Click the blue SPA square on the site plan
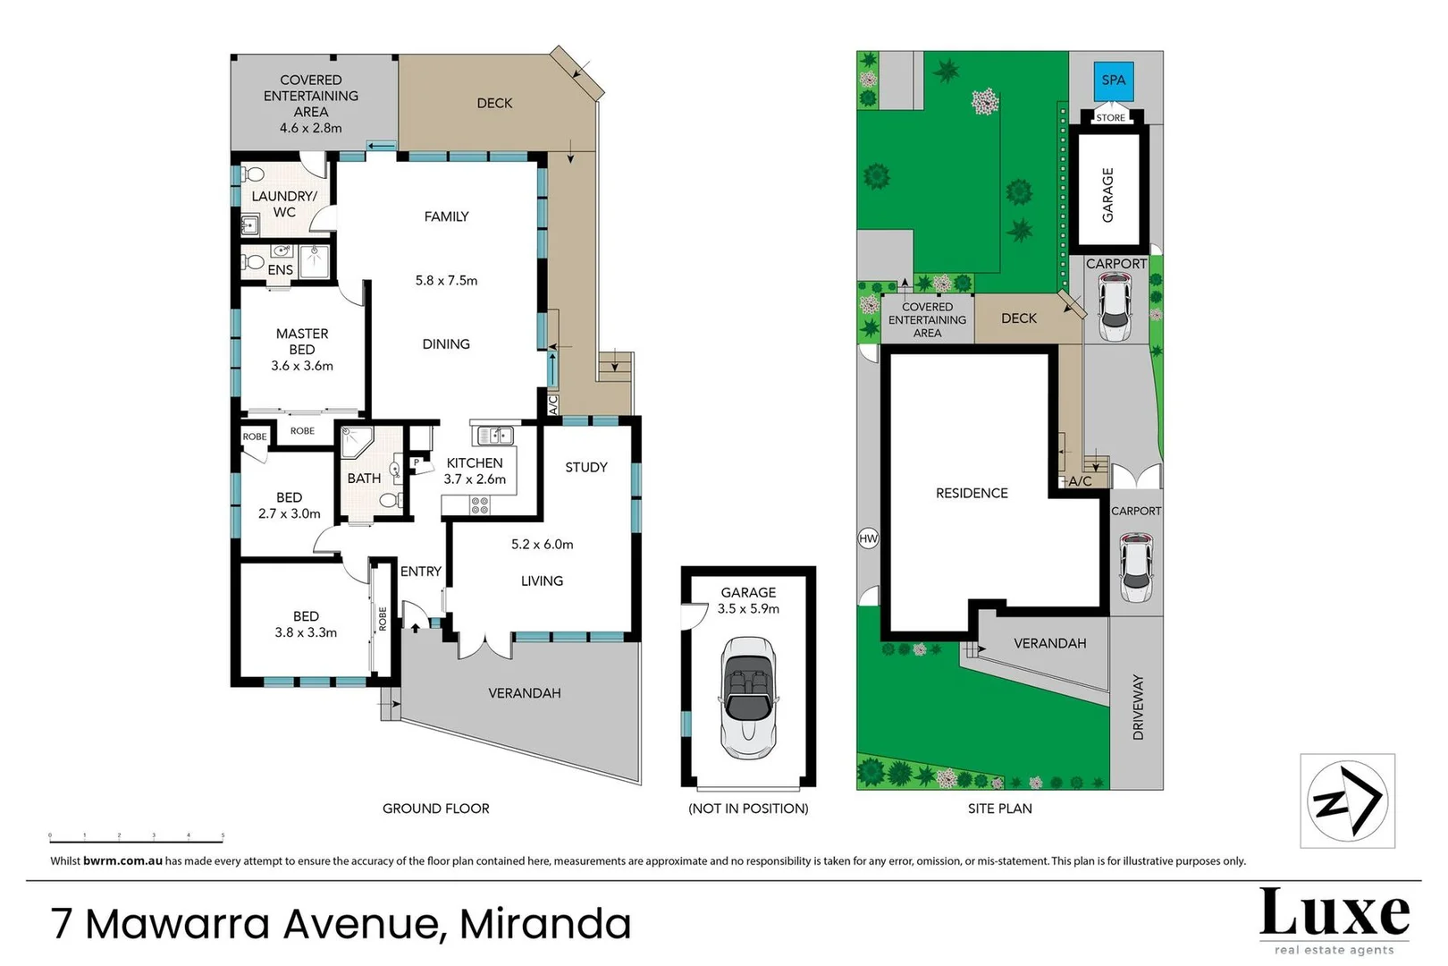click(1113, 80)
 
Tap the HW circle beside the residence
click(868, 538)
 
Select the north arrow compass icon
click(1346, 800)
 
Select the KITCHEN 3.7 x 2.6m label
click(475, 470)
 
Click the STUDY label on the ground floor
click(585, 467)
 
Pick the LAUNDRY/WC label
click(283, 204)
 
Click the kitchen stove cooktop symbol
click(480, 505)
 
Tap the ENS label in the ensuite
click(280, 269)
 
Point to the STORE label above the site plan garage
click(1110, 118)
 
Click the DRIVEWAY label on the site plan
click(1138, 707)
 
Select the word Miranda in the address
click(545, 924)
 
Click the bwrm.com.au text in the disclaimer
click(122, 861)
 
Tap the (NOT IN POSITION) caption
click(748, 809)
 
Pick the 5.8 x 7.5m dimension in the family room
click(446, 280)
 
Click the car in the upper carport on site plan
click(1114, 307)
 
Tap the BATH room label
click(364, 479)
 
